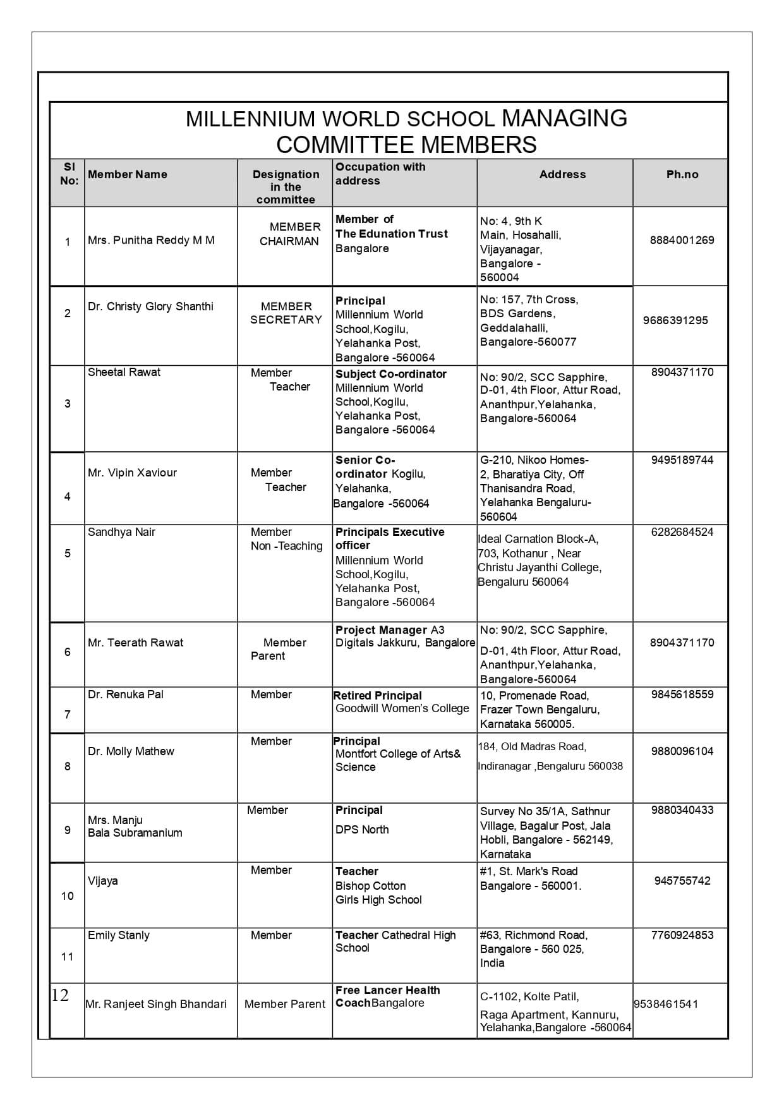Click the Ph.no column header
[x=682, y=174]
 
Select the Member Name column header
[x=128, y=174]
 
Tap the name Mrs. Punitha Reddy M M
[x=151, y=240]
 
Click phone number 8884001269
[x=682, y=240]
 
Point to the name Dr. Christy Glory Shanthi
[x=150, y=306]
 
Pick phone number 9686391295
[x=675, y=320]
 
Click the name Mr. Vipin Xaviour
[x=132, y=473]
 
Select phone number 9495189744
[x=682, y=460]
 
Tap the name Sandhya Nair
[x=121, y=532]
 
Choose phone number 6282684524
[x=682, y=532]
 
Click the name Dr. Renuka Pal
[x=126, y=694]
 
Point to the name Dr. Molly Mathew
[x=131, y=751]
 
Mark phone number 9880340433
[x=682, y=810]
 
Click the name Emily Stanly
[x=119, y=935]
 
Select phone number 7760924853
[x=682, y=935]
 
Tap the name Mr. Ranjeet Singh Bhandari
[x=156, y=1004]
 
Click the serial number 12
[x=60, y=996]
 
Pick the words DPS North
[x=362, y=830]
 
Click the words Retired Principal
[x=378, y=696]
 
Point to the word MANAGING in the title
[x=564, y=119]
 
